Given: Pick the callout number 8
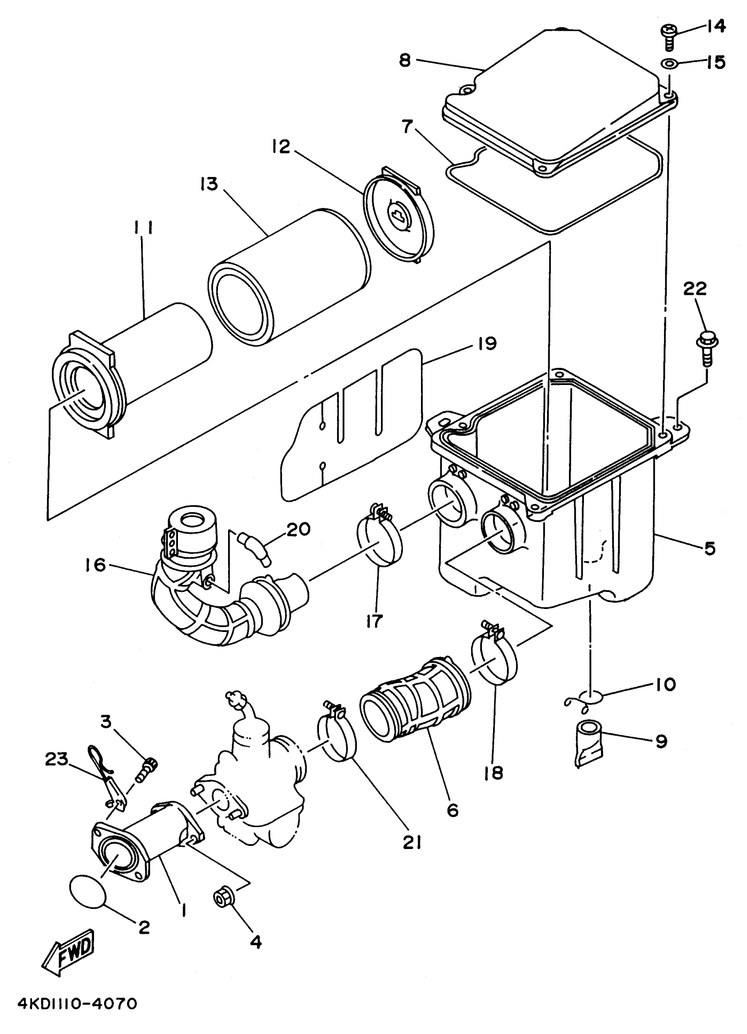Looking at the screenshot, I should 405,60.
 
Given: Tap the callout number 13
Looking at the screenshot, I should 209,184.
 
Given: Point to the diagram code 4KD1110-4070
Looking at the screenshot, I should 77,1003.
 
